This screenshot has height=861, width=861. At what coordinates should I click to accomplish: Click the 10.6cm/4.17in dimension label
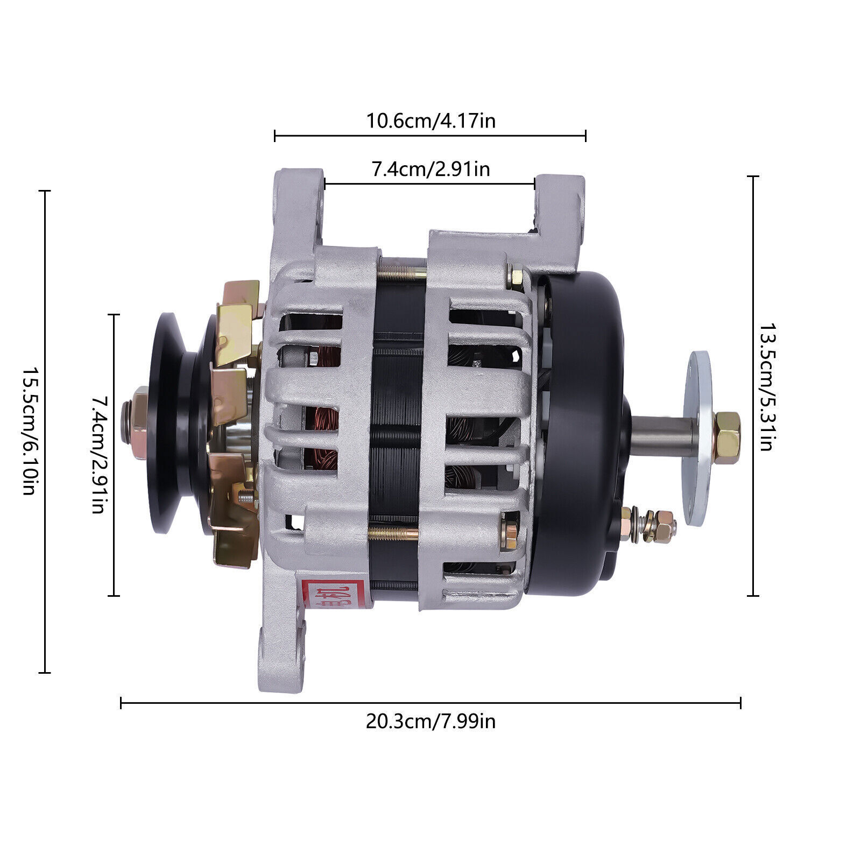point(430,121)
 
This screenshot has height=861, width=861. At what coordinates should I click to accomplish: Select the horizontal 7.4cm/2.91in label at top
point(430,170)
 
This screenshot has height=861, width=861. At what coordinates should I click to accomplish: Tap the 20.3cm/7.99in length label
point(430,721)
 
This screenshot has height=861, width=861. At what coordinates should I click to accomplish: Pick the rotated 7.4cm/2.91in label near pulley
point(97,455)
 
